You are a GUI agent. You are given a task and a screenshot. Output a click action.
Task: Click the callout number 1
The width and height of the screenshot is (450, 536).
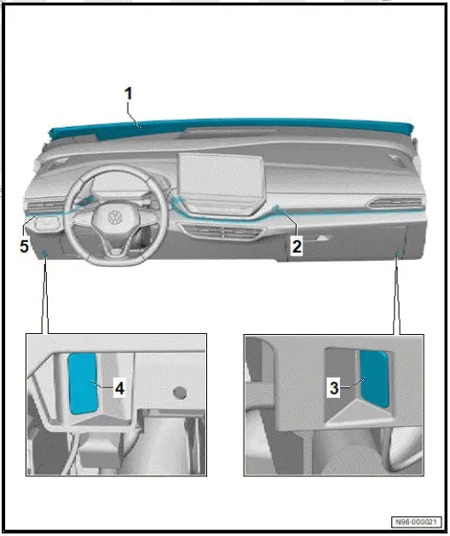129,95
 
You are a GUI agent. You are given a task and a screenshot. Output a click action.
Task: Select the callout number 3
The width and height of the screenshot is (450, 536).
336,387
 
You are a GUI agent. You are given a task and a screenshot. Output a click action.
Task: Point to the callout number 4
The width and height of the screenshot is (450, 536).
119,389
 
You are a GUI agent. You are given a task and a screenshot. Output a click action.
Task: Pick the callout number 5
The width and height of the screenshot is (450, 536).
25,246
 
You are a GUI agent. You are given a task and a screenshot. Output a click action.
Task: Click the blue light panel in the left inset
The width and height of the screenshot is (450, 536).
83,383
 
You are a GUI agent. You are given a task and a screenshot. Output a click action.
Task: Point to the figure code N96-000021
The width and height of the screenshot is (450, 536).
415,522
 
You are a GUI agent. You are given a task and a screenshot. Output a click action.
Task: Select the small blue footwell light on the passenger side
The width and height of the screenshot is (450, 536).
398,253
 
